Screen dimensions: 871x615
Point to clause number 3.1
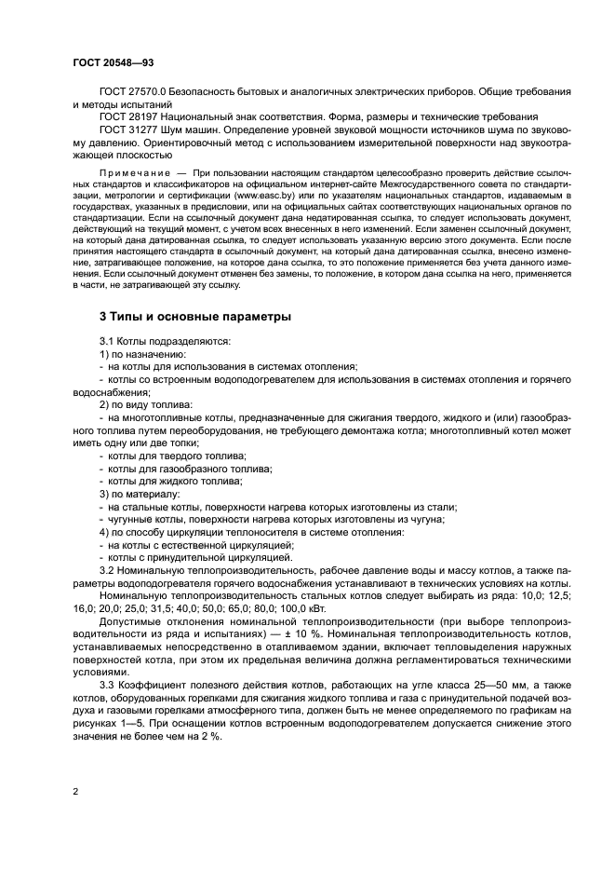coord(107,341)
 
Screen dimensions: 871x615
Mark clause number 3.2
coord(107,570)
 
